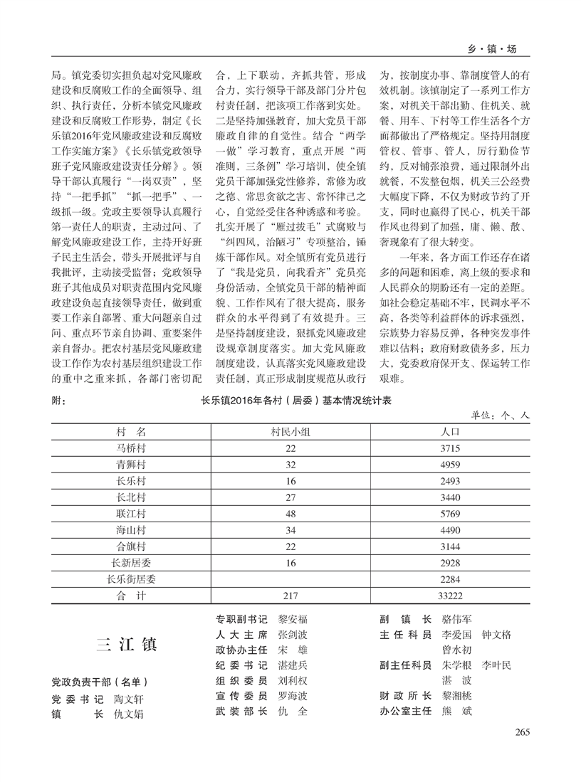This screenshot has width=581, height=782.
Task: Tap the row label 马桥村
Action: coord(131,448)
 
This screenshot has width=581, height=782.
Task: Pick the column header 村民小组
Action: coord(289,431)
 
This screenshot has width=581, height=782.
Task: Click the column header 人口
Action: coord(450,431)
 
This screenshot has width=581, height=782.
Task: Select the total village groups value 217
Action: coord(289,595)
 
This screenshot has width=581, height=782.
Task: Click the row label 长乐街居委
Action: coord(131,578)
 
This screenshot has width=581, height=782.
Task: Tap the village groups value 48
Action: coord(289,513)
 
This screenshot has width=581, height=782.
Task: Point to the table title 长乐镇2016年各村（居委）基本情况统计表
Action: coord(297,401)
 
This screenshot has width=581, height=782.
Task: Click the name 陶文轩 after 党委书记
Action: coord(128,699)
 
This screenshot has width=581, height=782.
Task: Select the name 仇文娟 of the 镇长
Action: coord(128,714)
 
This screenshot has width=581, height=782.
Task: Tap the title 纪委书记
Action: coord(241,665)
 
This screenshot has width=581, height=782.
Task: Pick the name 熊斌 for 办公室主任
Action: coord(457,711)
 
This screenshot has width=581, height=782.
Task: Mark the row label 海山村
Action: coord(131,529)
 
